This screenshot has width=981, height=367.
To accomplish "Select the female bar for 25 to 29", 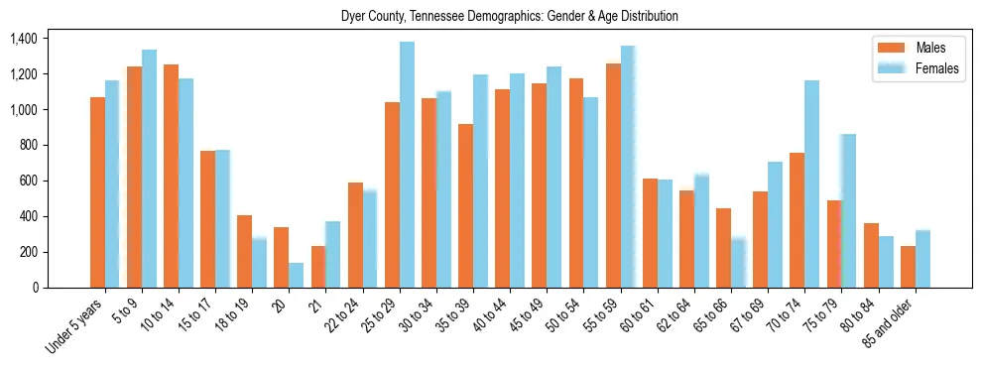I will click(407, 165).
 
